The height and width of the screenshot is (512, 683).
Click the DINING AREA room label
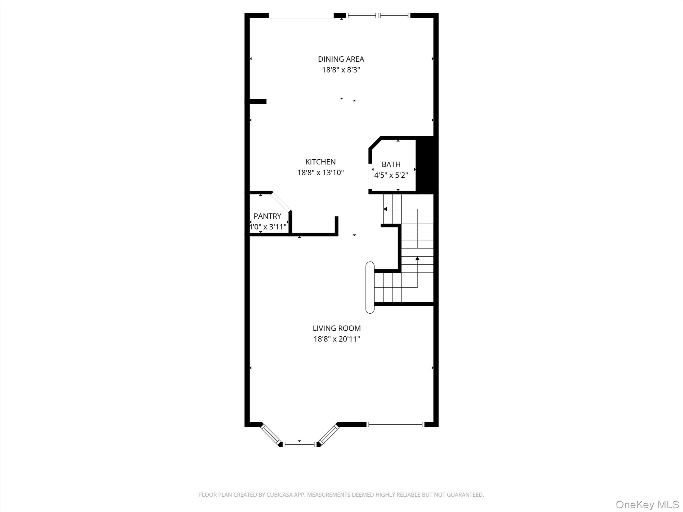click(341, 59)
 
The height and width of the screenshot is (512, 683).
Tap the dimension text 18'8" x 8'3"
click(341, 70)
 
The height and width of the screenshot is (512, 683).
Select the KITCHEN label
click(320, 162)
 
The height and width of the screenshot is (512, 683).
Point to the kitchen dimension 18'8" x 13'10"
click(320, 173)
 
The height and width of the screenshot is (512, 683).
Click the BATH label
click(391, 164)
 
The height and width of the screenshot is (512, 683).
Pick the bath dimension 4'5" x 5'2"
click(391, 175)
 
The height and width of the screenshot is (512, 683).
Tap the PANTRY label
click(267, 216)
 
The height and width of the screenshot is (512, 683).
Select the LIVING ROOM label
click(336, 328)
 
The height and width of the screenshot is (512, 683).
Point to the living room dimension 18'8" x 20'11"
click(336, 339)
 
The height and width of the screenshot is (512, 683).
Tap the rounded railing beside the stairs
click(370, 287)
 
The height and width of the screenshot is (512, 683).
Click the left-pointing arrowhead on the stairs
click(385, 209)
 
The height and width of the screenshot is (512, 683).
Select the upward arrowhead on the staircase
click(417, 258)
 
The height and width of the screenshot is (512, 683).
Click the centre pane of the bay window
click(299, 444)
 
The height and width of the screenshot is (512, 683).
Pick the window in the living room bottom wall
click(395, 424)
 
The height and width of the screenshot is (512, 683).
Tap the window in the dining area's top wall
click(378, 15)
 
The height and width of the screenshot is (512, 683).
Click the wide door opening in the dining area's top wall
click(301, 15)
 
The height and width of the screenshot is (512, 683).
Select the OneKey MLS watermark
click(647, 504)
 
